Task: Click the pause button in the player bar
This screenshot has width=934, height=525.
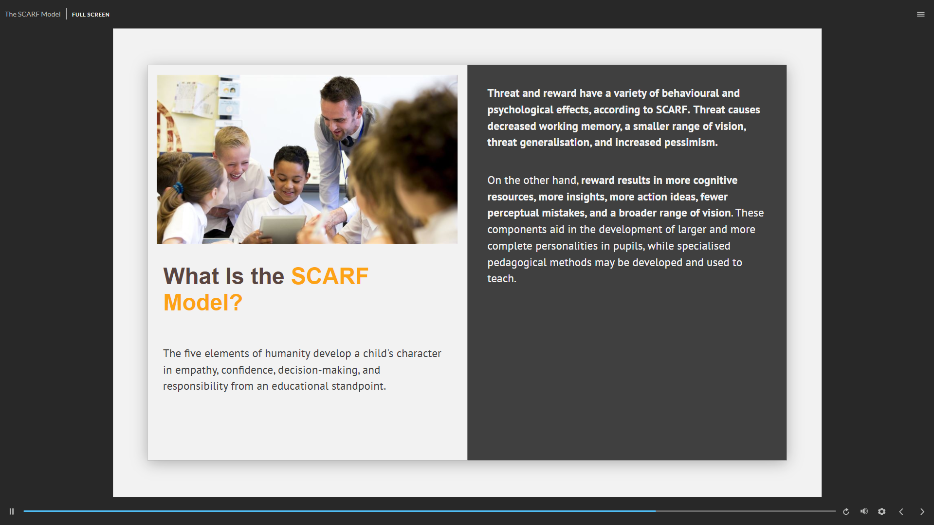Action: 12,511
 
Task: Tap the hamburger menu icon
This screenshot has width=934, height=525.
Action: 920,15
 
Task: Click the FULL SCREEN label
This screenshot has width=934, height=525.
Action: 91,15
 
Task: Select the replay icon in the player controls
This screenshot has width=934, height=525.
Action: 846,511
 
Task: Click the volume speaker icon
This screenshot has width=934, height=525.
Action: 864,511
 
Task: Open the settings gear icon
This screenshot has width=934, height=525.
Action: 881,511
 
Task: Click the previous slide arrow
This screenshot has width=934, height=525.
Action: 901,511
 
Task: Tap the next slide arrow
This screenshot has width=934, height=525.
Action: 922,511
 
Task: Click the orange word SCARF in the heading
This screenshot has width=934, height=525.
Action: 330,276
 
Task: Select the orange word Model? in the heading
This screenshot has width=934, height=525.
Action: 202,303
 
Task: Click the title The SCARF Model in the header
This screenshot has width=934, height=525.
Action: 33,15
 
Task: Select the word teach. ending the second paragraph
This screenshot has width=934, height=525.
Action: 502,279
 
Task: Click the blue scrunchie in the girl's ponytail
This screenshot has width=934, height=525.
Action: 178,187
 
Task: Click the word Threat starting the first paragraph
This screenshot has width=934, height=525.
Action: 503,93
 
